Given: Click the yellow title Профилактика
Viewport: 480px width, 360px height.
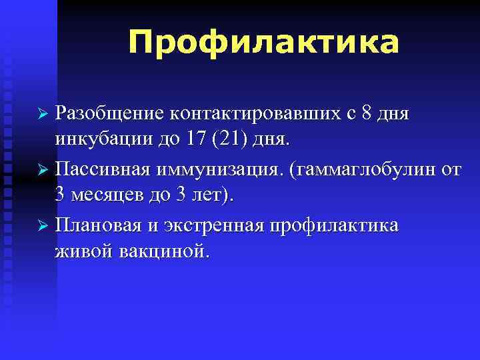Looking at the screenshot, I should tap(264, 42).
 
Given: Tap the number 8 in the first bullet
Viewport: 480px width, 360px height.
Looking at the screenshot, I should tap(383, 114).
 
